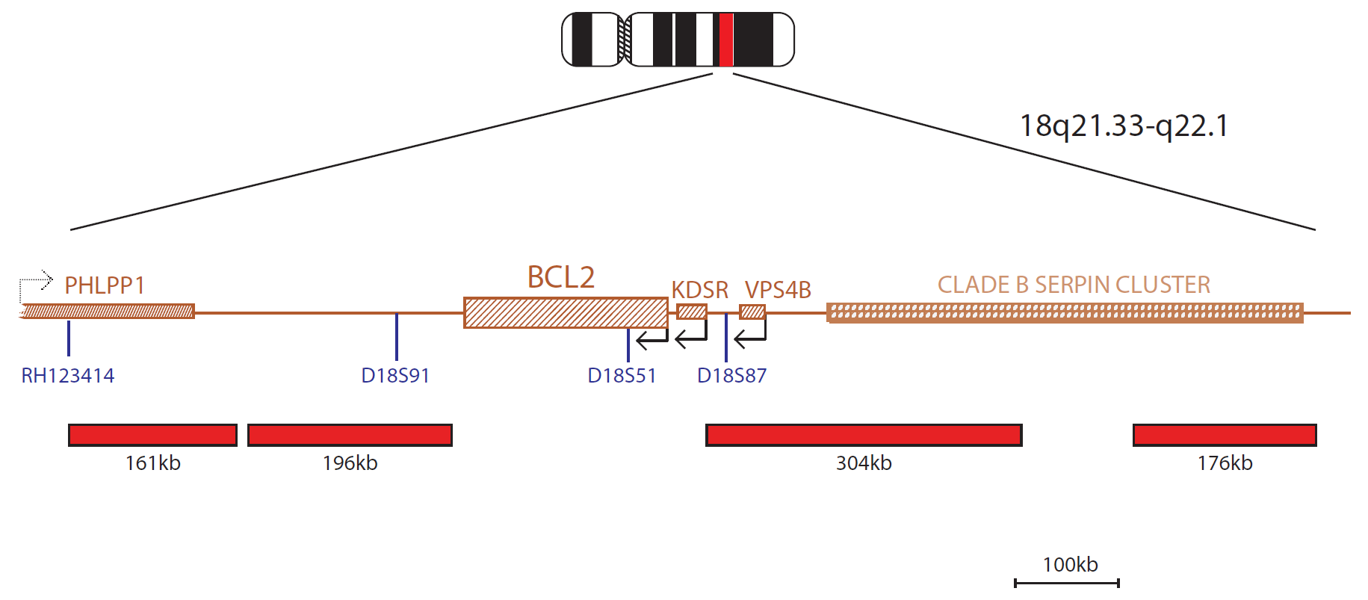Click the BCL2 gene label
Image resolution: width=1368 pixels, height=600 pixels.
(x=561, y=277)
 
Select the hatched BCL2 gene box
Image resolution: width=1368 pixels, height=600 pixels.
(x=566, y=312)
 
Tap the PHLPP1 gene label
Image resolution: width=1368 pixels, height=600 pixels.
(x=105, y=285)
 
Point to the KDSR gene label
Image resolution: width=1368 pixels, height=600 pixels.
(x=699, y=290)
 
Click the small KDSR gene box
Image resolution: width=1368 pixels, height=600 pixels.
(x=692, y=312)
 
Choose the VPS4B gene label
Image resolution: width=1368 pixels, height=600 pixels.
(x=778, y=290)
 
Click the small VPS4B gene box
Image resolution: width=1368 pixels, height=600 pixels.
(x=752, y=312)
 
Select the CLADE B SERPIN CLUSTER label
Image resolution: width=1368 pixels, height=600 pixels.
(x=1074, y=285)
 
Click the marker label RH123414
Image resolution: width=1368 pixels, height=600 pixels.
(x=68, y=375)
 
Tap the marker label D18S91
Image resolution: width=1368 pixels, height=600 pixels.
(x=395, y=375)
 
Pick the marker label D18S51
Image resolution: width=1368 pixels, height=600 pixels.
(x=622, y=375)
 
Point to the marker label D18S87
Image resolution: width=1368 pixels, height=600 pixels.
(x=731, y=375)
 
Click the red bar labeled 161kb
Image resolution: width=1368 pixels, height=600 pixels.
(x=152, y=435)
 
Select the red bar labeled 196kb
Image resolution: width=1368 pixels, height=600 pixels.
(x=350, y=435)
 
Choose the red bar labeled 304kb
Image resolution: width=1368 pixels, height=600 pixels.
(x=864, y=435)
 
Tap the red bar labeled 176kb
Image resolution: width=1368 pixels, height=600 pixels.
(x=1225, y=435)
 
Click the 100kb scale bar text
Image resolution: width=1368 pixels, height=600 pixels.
(x=1070, y=564)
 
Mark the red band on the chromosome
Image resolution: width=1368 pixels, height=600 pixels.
(x=725, y=40)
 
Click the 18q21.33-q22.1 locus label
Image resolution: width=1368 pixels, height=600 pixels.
(x=1124, y=126)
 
